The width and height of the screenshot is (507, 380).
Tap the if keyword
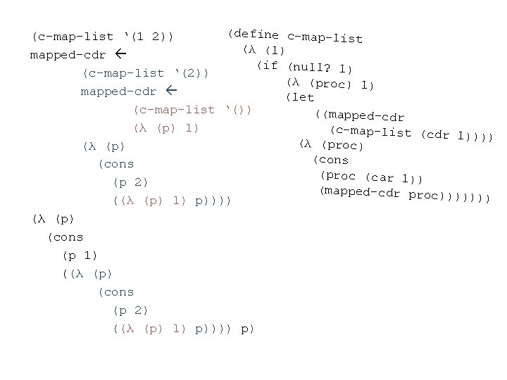pyautogui.click(x=268, y=65)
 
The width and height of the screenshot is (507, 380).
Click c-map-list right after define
pyautogui.click(x=325, y=37)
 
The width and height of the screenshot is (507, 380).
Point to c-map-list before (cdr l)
pyautogui.click(x=374, y=131)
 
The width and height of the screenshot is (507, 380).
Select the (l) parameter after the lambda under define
pyautogui.click(x=273, y=51)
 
